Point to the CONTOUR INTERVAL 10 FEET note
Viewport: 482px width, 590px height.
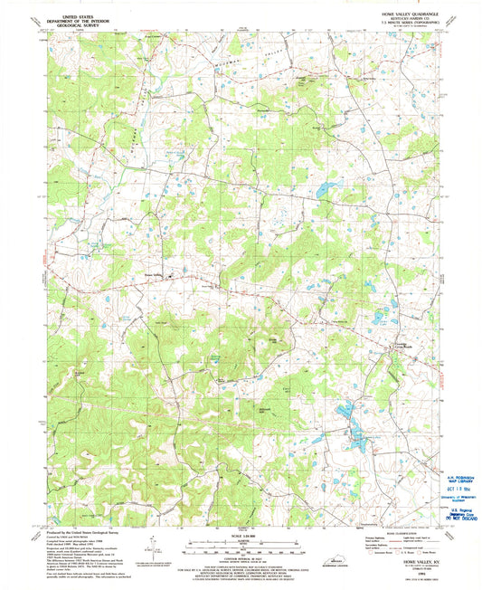point(240,557)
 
